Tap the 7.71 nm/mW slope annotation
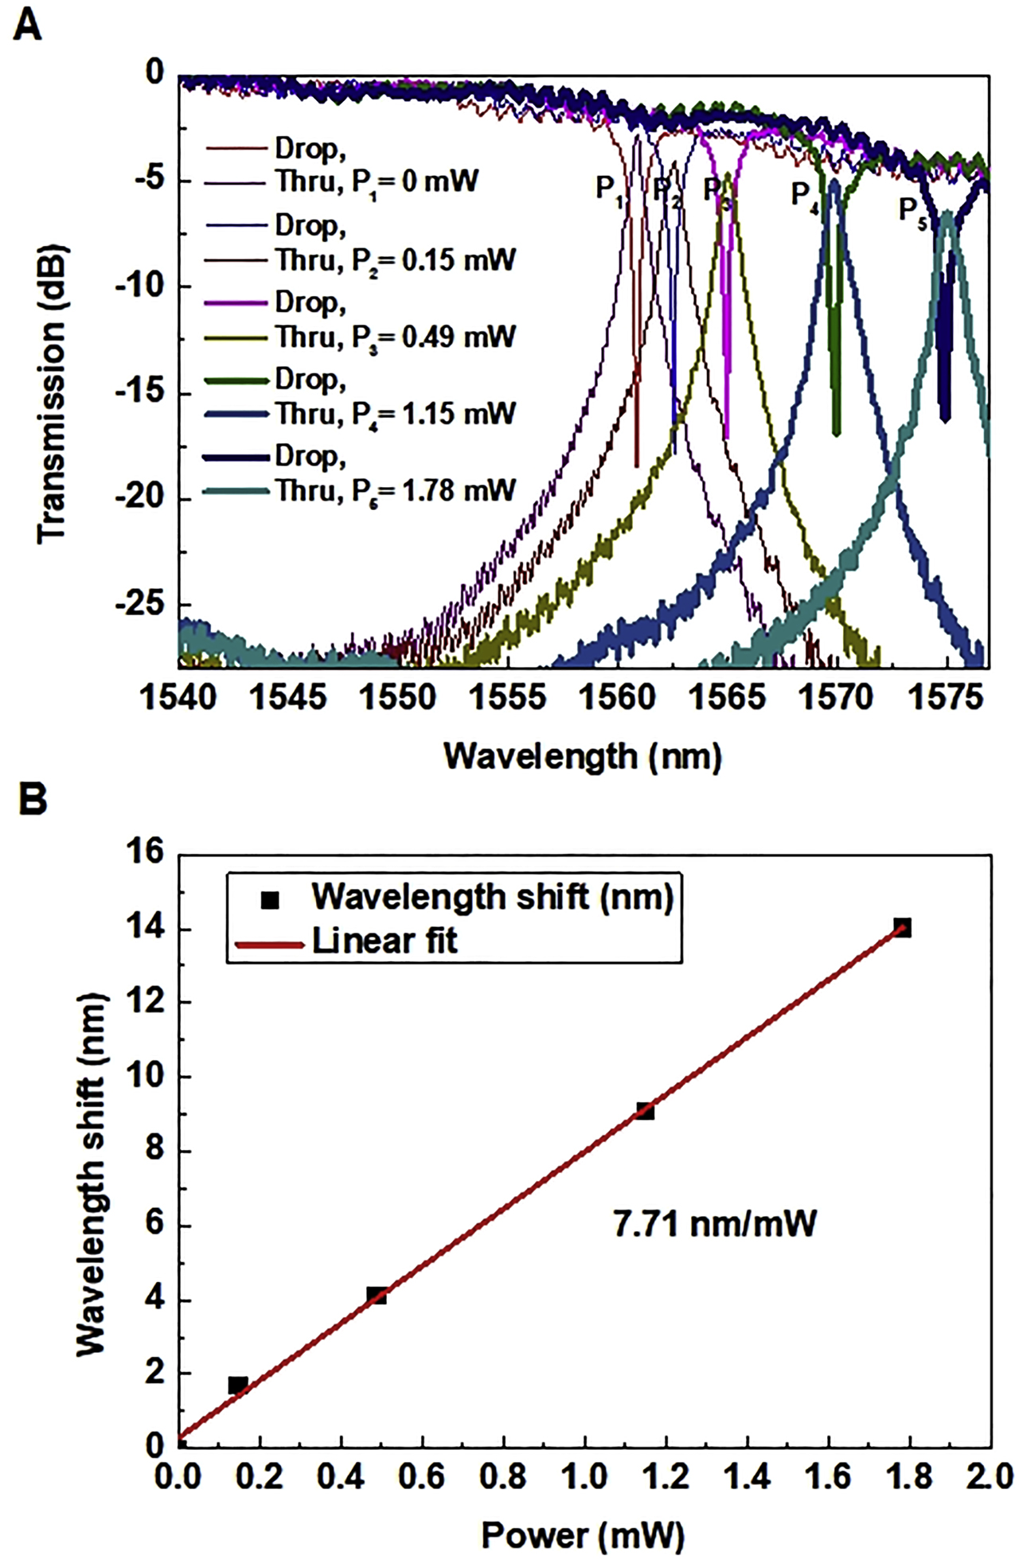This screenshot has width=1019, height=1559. click(x=714, y=1224)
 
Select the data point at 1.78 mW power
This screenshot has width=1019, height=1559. click(x=901, y=927)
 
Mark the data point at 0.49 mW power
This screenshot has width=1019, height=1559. click(x=377, y=1296)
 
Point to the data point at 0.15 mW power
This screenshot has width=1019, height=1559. click(x=237, y=1386)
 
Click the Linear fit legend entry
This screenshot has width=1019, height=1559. click(x=385, y=941)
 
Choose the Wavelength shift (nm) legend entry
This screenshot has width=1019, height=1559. click(x=492, y=897)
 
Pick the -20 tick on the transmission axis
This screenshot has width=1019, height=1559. click(x=140, y=500)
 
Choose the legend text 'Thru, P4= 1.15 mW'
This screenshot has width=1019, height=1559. click(x=395, y=414)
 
